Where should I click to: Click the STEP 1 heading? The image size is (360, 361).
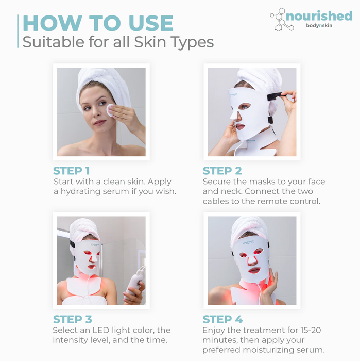[x=72, y=171]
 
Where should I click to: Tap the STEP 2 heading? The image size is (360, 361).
[x=222, y=171]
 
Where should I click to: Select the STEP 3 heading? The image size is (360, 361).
[x=72, y=319]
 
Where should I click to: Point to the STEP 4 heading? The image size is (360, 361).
[x=222, y=319]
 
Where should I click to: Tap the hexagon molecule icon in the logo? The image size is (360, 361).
[x=280, y=20]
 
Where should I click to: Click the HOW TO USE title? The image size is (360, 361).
[x=98, y=24]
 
